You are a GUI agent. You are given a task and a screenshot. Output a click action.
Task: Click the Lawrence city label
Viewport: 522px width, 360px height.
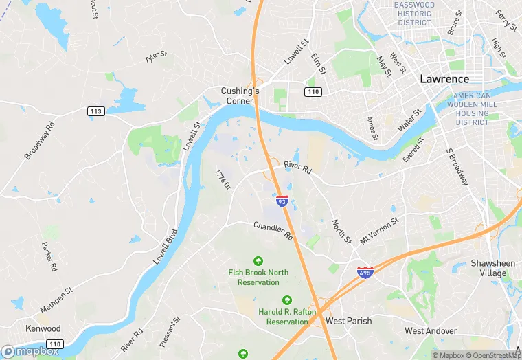[x=444, y=79]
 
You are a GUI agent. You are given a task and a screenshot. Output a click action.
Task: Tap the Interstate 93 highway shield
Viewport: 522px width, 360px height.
[x=282, y=201]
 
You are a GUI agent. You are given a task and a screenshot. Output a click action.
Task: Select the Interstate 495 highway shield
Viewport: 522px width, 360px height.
[x=365, y=272]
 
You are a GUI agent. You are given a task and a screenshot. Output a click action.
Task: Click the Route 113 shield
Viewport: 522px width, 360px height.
[x=96, y=111]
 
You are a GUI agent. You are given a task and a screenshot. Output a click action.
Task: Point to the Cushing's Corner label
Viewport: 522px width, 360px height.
[x=240, y=95]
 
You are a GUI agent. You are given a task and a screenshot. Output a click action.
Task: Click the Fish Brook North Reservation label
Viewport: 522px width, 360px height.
[x=258, y=278]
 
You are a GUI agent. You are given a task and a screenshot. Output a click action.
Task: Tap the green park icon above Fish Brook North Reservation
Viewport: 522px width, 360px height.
[x=258, y=261]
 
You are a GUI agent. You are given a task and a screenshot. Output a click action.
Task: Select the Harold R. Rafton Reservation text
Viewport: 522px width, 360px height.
[x=287, y=317]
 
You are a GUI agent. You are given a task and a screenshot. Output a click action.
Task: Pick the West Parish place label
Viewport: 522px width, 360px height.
[x=349, y=321]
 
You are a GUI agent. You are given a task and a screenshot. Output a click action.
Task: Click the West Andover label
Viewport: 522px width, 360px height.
[x=431, y=331]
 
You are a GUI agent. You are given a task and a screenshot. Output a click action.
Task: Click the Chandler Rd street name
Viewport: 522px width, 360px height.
[x=273, y=230]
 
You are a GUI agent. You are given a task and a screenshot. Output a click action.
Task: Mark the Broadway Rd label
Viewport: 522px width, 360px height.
[x=39, y=141]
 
